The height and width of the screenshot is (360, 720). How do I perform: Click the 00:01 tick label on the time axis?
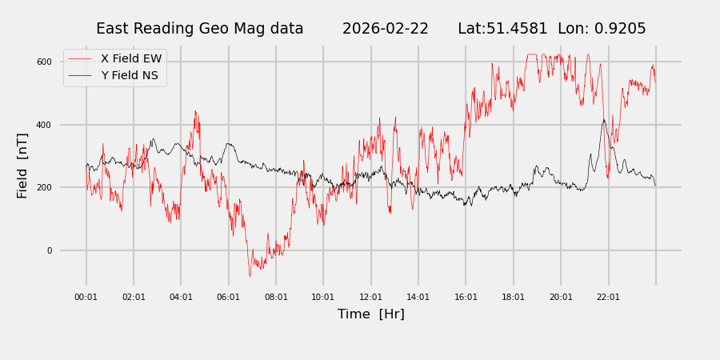[x=86, y=297]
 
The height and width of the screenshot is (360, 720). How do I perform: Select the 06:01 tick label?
[x=229, y=297]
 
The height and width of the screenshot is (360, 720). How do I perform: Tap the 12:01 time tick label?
[x=371, y=297]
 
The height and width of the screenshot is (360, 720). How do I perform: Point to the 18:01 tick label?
[x=514, y=297]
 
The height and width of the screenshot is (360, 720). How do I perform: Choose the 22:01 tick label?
[x=609, y=297]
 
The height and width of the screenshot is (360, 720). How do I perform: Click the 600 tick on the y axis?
[x=44, y=62]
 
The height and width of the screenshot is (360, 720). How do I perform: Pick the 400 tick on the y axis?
[x=44, y=125]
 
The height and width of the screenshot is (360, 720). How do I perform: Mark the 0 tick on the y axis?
[x=49, y=250]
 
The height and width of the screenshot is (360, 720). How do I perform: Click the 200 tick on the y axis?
[x=44, y=187]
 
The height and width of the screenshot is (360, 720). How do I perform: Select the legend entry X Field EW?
[x=130, y=58]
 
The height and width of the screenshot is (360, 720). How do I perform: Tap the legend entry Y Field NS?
[x=129, y=76]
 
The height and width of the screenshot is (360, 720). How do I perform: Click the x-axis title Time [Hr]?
[x=371, y=314]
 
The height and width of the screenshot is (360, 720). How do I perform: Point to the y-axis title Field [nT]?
[x=22, y=166]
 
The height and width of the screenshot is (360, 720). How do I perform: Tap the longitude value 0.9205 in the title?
[x=617, y=29]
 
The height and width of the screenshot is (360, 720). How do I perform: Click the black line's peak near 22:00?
[x=604, y=121]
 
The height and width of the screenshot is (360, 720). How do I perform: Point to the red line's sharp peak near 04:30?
[x=194, y=111]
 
